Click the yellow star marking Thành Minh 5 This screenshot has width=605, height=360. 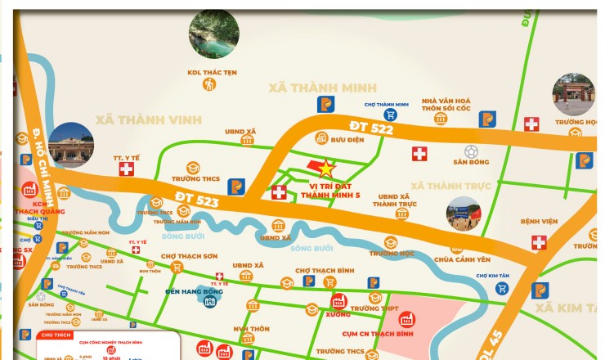pos(326,169)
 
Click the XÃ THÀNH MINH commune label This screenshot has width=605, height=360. pos(323,87)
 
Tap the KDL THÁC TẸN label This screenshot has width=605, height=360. pos(212,72)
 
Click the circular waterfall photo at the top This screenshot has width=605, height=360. pos(214,33)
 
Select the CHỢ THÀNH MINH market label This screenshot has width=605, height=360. pos(385,105)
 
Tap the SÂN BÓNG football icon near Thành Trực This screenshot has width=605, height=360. pos(471,151)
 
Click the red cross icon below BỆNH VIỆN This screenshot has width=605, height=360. pos(539,242)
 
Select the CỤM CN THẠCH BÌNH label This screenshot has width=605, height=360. pos(376,334)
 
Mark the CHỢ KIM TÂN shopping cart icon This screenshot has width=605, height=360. pos(502,287)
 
